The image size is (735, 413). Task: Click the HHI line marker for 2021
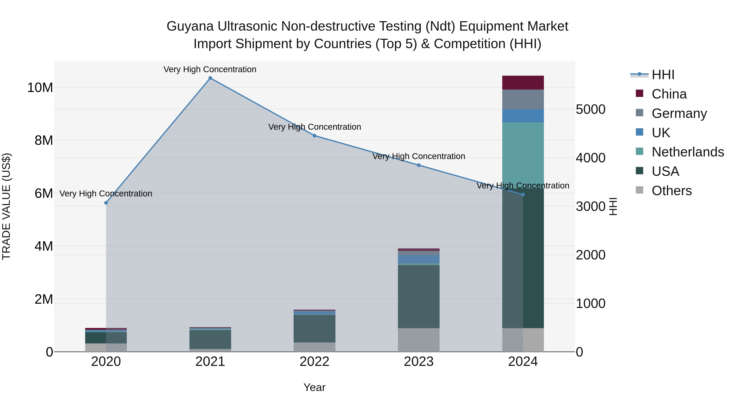click(210, 78)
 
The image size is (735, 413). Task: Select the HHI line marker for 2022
click(314, 136)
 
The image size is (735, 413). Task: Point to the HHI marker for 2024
click(523, 195)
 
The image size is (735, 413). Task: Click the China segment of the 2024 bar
click(523, 83)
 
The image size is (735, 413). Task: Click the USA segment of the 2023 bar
click(419, 296)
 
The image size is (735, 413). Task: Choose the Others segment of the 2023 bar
click(419, 340)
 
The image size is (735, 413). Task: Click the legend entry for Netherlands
click(688, 152)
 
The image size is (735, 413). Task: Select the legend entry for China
click(669, 94)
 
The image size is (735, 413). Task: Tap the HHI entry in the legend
click(663, 75)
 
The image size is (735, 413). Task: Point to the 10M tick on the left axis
click(40, 87)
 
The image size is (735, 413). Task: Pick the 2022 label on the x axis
click(314, 362)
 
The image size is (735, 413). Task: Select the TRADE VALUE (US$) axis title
click(7, 206)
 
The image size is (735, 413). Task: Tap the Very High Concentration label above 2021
click(210, 70)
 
